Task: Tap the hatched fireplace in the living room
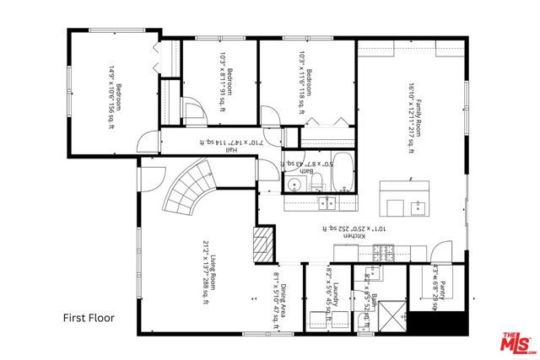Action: point(264,242)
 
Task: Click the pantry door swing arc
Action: point(441,253)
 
